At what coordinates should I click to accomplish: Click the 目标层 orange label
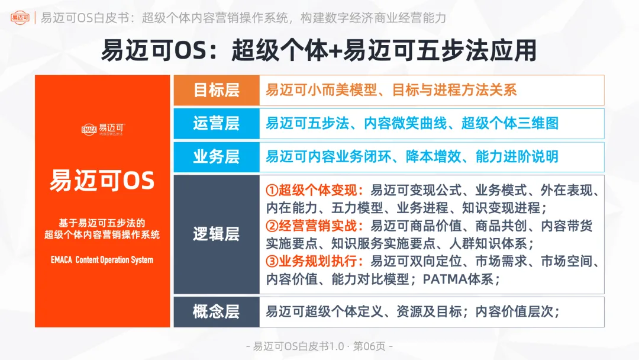pos(216,90)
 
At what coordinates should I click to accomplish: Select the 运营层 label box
pos(216,124)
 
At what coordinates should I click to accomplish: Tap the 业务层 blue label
pos(216,157)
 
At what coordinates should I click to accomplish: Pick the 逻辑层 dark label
pos(216,234)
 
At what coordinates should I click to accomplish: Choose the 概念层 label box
pos(216,311)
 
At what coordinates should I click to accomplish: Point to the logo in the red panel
pos(102,128)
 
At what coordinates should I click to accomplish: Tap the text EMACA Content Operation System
pos(102,259)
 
